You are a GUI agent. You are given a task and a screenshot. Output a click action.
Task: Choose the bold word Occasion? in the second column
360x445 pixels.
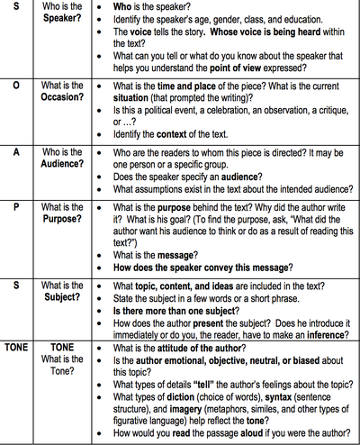[65, 97]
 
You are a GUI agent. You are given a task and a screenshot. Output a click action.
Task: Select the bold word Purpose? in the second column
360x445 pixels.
[64, 219]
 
